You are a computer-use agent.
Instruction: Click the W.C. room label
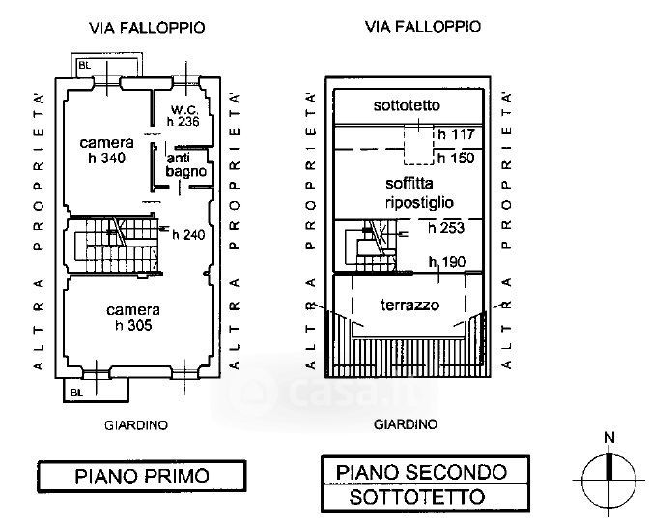point(185,110)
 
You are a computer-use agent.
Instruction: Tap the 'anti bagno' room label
point(185,165)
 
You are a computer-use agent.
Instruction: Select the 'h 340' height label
point(107,158)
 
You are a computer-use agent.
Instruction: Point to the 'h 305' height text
point(133,325)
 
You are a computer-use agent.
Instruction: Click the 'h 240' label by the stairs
point(188,235)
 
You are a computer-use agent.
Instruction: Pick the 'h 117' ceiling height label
point(456,134)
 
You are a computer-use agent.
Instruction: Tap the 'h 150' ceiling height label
point(456,158)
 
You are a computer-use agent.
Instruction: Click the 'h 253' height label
point(446,228)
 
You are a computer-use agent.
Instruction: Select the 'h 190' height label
point(447,262)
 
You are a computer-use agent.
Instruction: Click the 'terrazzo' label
point(409,306)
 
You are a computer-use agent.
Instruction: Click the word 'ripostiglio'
point(419,203)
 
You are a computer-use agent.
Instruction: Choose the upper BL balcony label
point(84,65)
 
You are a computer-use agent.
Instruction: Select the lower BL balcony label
point(76,393)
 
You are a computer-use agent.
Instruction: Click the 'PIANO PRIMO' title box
point(142,477)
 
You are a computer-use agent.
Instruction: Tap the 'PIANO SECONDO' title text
point(421,472)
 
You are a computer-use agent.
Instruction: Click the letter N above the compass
point(609,437)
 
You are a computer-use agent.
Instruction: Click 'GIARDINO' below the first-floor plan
point(136,425)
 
